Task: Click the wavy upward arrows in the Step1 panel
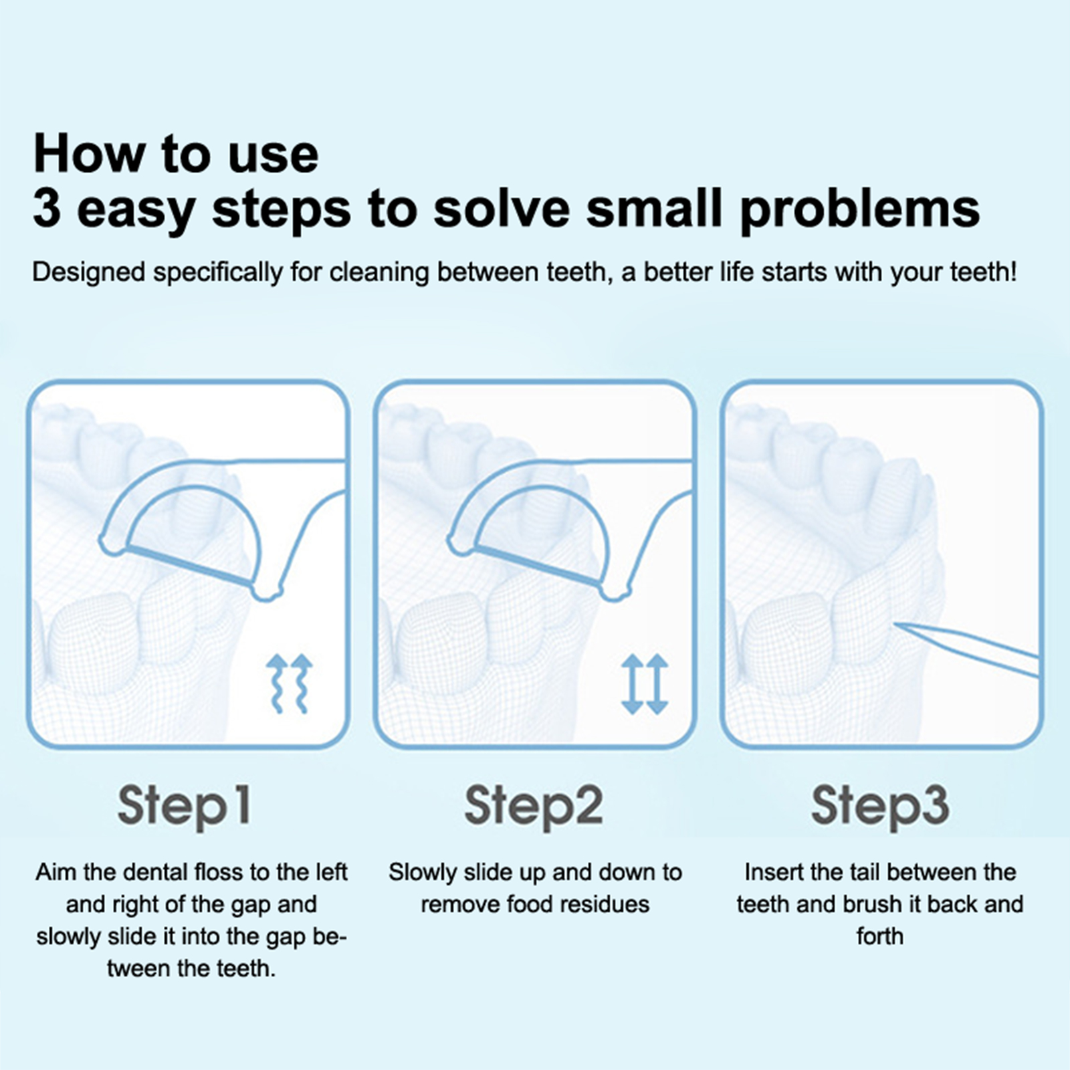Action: click(x=290, y=683)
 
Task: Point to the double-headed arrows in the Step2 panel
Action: click(x=645, y=683)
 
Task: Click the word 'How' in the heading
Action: click(x=90, y=154)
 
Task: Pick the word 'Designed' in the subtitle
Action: click(x=89, y=273)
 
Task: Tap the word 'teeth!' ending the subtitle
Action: click(x=982, y=272)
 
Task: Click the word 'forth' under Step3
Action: click(x=880, y=936)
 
